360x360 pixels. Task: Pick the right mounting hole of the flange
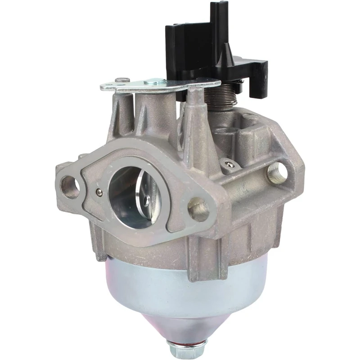click(x=198, y=210)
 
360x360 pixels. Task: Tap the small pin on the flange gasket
click(x=99, y=193)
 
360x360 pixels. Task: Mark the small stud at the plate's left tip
click(x=122, y=80)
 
